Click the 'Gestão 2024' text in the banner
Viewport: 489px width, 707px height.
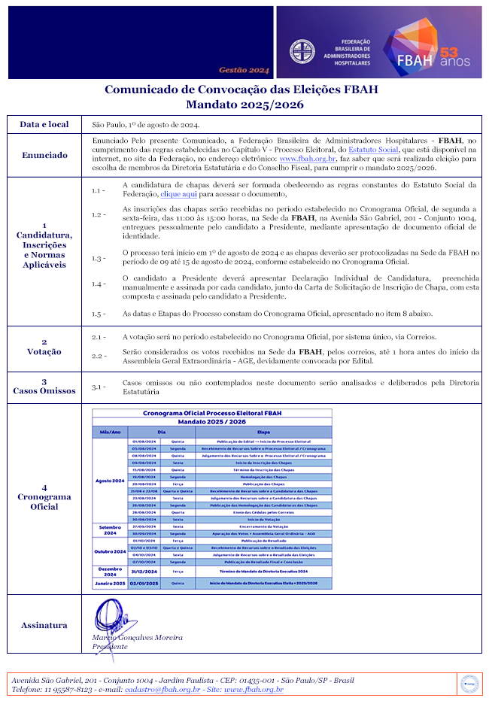coord(244,70)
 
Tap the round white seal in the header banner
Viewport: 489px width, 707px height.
coord(302,51)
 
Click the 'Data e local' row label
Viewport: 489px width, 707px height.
coord(44,124)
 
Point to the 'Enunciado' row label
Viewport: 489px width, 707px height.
coord(44,155)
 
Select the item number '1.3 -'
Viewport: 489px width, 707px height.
coord(99,259)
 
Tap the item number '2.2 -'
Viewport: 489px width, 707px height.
coord(99,356)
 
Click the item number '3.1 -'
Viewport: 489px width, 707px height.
coord(99,387)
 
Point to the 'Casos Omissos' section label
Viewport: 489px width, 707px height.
coord(44,390)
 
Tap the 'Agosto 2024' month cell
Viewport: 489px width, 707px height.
coord(110,479)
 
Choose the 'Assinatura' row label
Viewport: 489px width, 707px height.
coord(44,625)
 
